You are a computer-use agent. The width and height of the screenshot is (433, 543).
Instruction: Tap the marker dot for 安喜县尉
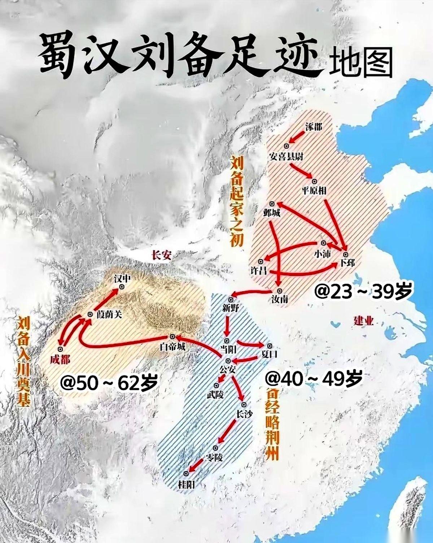pyautogui.click(x=287, y=146)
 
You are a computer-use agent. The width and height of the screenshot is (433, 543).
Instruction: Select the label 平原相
pyautogui.click(x=314, y=191)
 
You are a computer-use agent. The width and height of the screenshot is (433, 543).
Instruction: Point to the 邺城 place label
pyautogui.click(x=272, y=213)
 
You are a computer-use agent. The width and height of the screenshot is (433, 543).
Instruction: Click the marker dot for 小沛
pyautogui.click(x=323, y=243)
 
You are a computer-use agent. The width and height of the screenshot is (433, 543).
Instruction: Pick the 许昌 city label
pyautogui.click(x=259, y=270)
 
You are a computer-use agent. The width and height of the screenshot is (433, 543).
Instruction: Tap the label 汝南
pyautogui.click(x=280, y=299)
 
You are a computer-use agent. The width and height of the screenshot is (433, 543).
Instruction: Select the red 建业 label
pyautogui.click(x=363, y=321)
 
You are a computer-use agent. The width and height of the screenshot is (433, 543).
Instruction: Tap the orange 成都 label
pyautogui.click(x=60, y=360)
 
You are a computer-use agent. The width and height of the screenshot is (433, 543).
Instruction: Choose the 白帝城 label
pyautogui.click(x=173, y=347)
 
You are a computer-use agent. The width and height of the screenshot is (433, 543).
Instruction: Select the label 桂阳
pyautogui.click(x=186, y=484)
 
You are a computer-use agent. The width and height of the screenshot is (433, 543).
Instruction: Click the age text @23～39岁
pyautogui.click(x=362, y=292)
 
